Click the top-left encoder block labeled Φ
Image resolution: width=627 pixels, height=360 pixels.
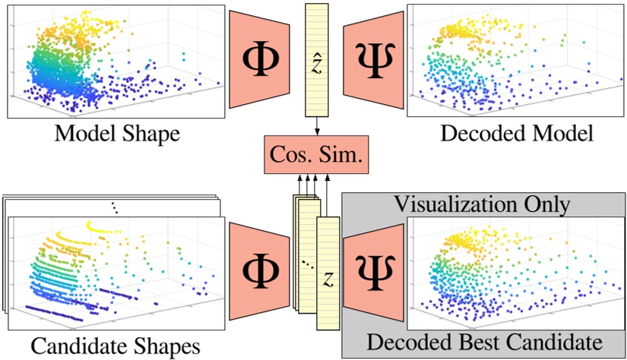coord(259,59)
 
